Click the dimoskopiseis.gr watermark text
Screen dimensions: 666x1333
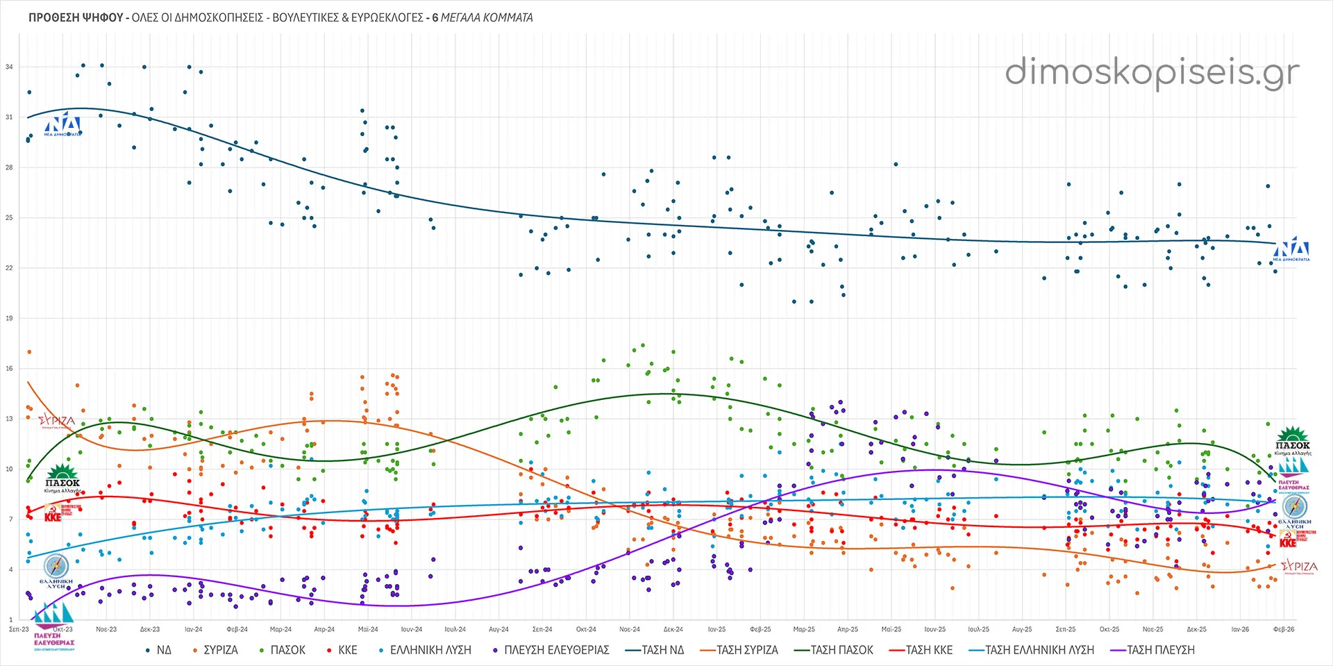coord(1152,73)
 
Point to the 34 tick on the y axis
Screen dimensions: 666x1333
coord(9,67)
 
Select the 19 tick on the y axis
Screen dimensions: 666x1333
coord(9,319)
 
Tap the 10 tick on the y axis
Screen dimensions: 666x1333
coord(9,469)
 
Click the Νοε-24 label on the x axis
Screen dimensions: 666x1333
coord(630,630)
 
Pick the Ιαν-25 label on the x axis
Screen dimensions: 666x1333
coord(716,630)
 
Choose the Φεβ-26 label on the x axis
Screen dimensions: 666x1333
coord(1283,630)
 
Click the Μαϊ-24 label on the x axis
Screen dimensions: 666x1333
coord(368,630)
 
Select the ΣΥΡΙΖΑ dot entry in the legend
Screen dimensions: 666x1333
coord(215,650)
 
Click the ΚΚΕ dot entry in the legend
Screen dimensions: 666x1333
coord(342,650)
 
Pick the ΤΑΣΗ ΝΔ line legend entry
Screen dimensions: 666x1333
coord(655,650)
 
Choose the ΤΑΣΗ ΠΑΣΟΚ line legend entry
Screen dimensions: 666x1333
coord(833,650)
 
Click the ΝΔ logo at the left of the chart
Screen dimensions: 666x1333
coord(63,124)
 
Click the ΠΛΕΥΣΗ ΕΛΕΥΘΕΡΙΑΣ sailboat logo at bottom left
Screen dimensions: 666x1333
coord(54,625)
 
